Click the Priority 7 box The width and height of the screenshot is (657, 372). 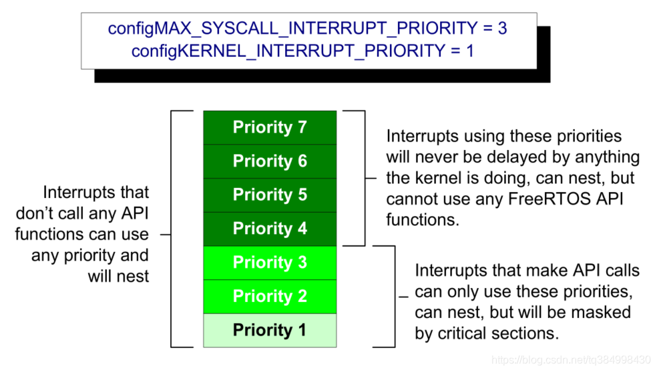(270, 127)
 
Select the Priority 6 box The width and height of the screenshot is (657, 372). (270, 161)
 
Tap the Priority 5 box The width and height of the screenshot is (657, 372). (270, 195)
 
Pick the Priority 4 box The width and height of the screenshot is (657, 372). (270, 229)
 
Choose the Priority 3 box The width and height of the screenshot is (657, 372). (270, 263)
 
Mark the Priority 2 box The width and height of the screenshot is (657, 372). (270, 297)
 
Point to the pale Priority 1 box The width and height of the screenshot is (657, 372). (270, 331)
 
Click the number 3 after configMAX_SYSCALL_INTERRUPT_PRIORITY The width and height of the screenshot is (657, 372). (502, 29)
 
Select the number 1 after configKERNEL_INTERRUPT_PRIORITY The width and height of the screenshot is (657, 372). (469, 51)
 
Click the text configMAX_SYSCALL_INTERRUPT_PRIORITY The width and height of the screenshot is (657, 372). (292, 29)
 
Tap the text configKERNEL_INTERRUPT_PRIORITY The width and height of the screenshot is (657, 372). (288, 51)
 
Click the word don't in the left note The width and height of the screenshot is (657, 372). (35, 213)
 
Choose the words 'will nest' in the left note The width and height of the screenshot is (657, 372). (119, 277)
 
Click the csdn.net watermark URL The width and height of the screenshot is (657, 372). (571, 360)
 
